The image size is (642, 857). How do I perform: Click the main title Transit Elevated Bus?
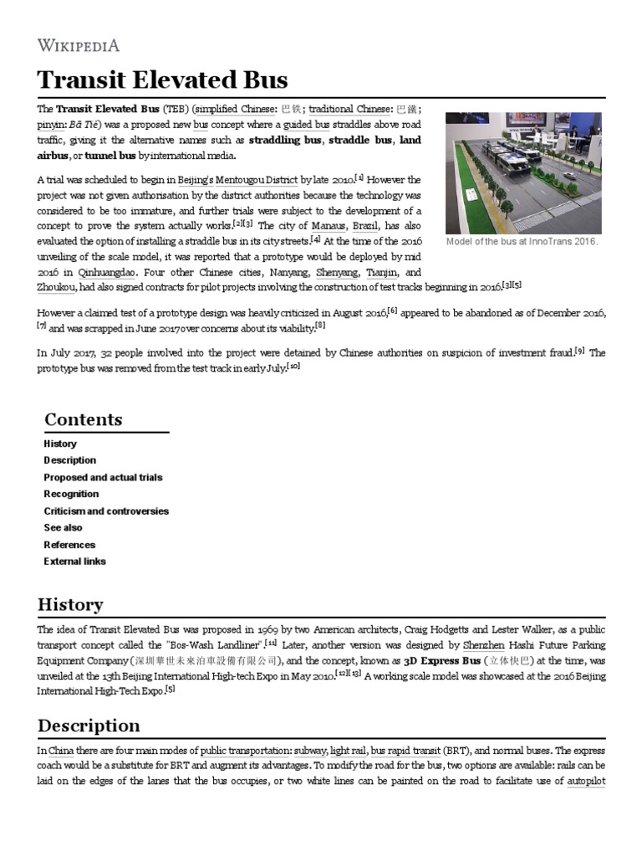[162, 80]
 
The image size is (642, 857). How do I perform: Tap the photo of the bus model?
[524, 172]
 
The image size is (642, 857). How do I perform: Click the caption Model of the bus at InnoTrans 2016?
[523, 242]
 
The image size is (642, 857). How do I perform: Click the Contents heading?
[83, 419]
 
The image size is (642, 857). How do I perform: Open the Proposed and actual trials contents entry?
[103, 477]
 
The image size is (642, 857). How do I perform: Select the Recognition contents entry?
[71, 494]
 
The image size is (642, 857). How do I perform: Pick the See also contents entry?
[63, 527]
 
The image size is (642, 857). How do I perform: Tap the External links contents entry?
[74, 562]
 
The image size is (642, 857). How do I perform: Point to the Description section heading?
[88, 725]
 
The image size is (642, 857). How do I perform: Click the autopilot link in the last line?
[585, 782]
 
